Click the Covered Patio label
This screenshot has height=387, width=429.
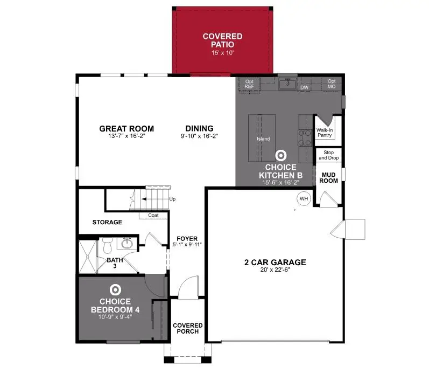coord(222,40)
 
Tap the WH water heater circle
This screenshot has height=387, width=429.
coord(303,199)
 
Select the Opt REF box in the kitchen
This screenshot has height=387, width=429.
coord(249,84)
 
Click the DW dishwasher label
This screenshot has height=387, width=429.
coord(304,87)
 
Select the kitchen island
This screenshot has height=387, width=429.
coord(262,139)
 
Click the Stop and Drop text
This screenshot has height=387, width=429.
coord(329,155)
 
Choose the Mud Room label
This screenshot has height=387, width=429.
coord(329,178)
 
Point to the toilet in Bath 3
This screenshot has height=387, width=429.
coord(107,246)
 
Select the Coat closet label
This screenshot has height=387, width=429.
coord(153,216)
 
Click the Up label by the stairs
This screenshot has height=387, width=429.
coord(172,199)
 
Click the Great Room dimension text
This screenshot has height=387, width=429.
coord(126,136)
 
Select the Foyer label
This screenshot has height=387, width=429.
coord(187,239)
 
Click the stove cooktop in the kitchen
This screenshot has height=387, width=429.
coord(305,138)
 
